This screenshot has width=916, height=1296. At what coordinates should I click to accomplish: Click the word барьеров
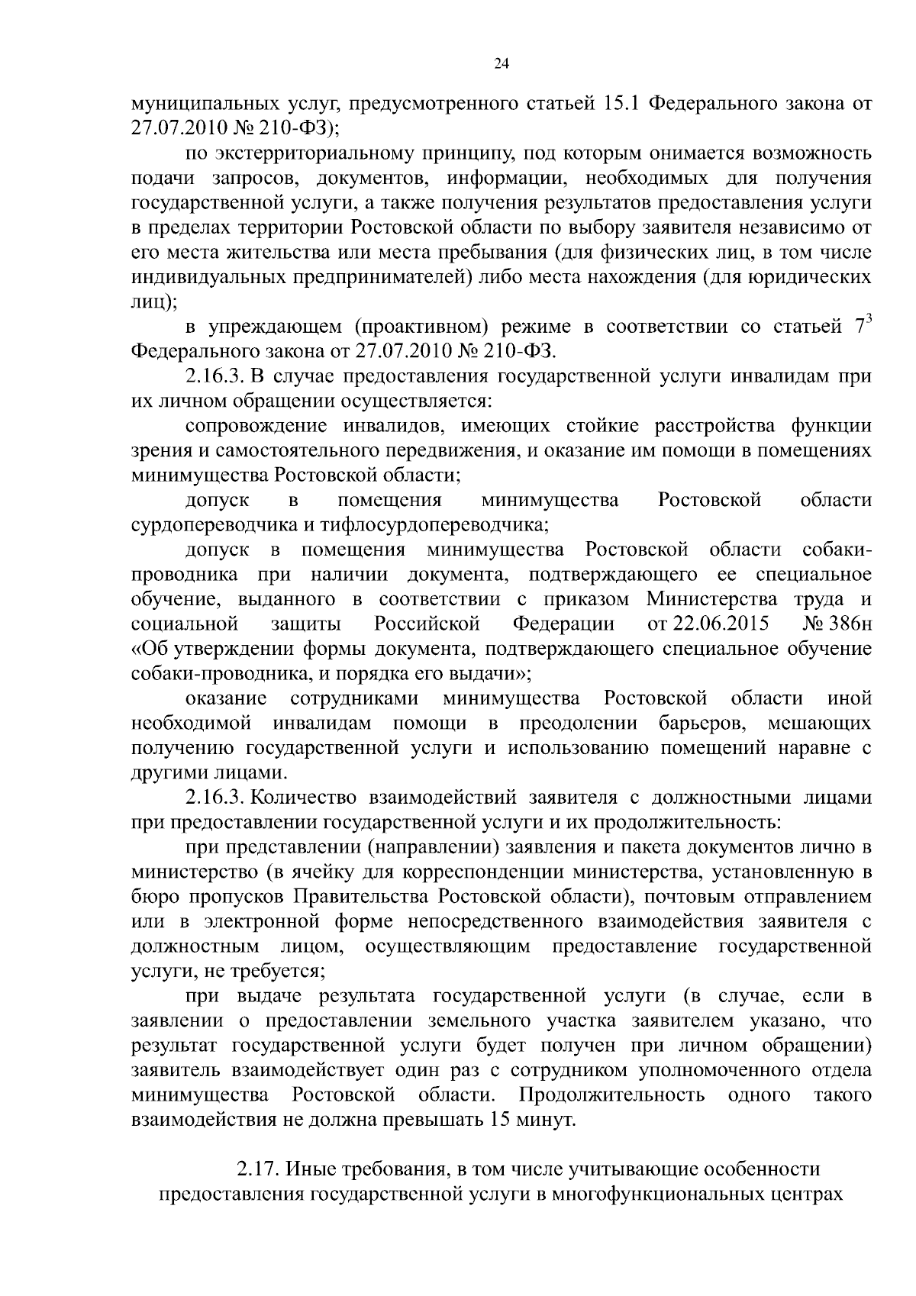701,723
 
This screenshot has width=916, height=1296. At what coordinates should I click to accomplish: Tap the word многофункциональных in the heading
668,1194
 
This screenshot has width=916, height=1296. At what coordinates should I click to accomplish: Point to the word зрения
156,451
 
